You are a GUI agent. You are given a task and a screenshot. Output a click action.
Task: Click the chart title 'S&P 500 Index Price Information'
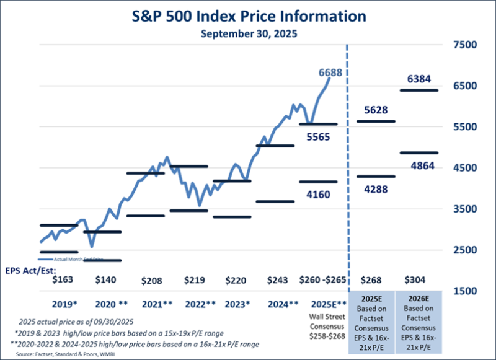[x=249, y=15]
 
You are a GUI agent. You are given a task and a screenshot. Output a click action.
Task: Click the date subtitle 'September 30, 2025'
[x=249, y=34]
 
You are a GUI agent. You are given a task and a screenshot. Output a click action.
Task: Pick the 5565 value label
[x=317, y=137]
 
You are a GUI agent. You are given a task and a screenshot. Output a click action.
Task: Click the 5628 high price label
[x=376, y=110]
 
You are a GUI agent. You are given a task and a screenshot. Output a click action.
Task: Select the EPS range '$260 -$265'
[x=318, y=279]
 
